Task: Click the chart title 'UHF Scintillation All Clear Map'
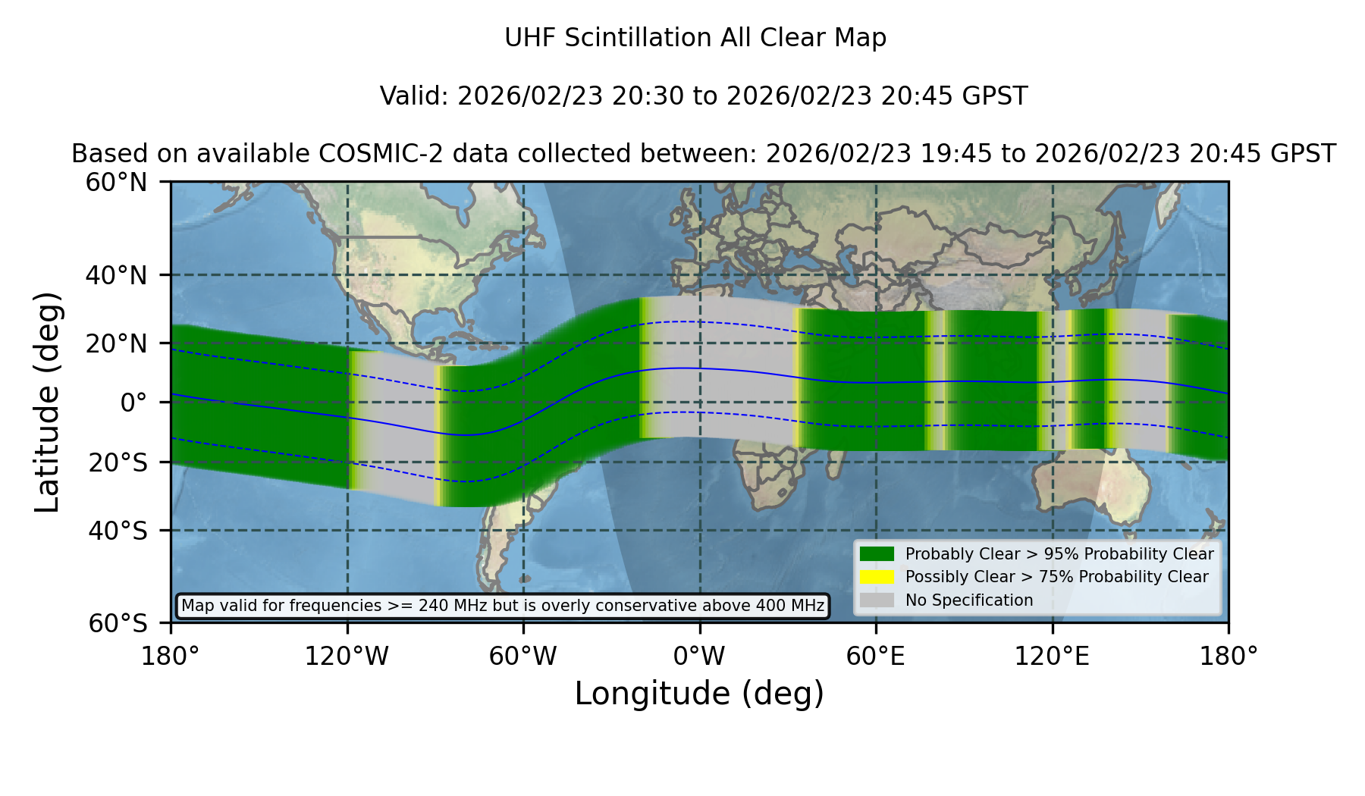(x=695, y=38)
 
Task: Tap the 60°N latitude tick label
(x=117, y=183)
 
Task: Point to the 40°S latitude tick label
(x=118, y=531)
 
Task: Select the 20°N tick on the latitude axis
(x=117, y=343)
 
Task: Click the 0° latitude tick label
(x=134, y=403)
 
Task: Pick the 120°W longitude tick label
(x=347, y=656)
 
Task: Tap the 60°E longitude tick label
(x=876, y=656)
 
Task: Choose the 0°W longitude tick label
(x=700, y=656)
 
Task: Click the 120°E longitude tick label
(x=1053, y=656)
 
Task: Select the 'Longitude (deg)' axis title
(x=699, y=694)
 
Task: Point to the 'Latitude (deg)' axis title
(x=48, y=403)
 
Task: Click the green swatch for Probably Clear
(x=877, y=554)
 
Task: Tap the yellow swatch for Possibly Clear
(x=877, y=577)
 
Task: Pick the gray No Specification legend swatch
(x=877, y=600)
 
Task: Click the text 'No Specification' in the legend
(x=969, y=600)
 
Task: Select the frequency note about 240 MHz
(x=503, y=606)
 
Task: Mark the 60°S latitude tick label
(x=118, y=623)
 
